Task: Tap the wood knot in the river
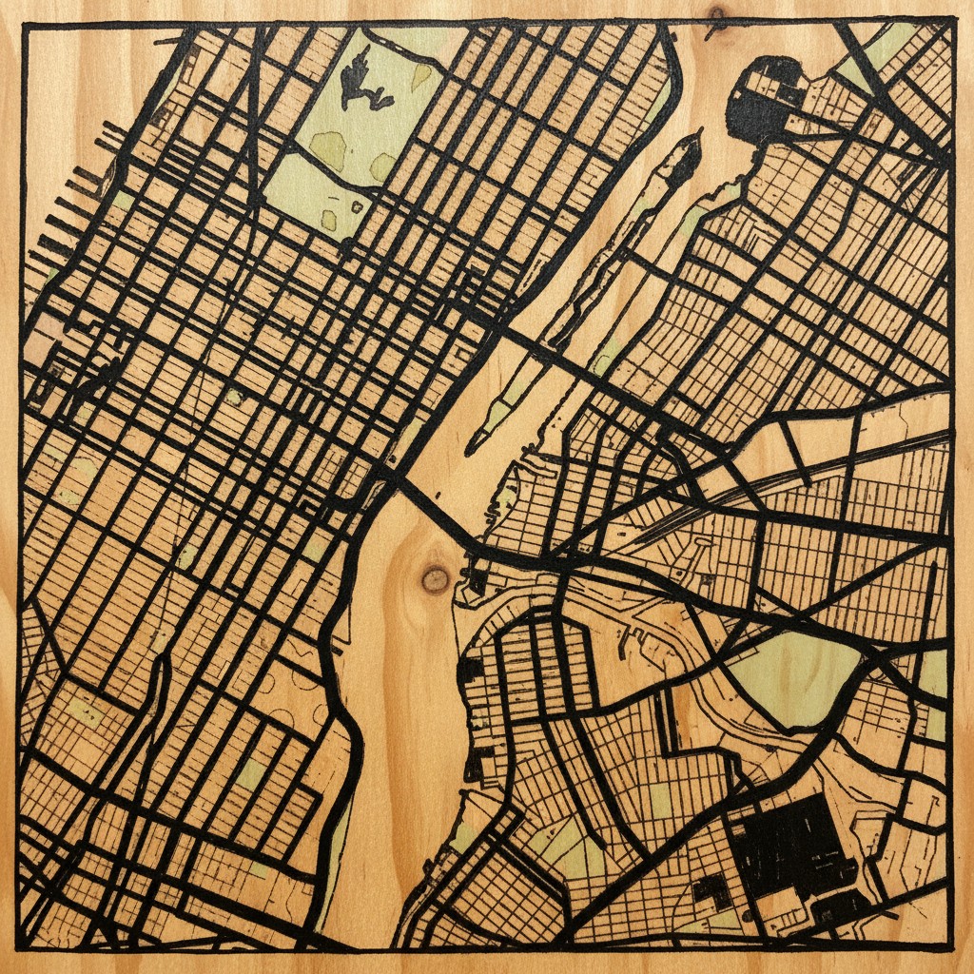(436, 578)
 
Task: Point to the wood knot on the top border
(715, 16)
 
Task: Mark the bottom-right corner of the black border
(950, 947)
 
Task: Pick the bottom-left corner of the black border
(21, 947)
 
